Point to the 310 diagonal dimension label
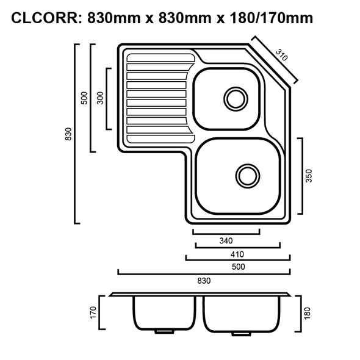(x=280, y=56)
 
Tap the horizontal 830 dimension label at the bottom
(x=203, y=281)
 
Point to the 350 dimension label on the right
(x=309, y=176)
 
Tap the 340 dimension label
(x=225, y=240)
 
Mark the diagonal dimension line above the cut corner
(x=275, y=60)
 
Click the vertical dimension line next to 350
(x=300, y=176)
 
